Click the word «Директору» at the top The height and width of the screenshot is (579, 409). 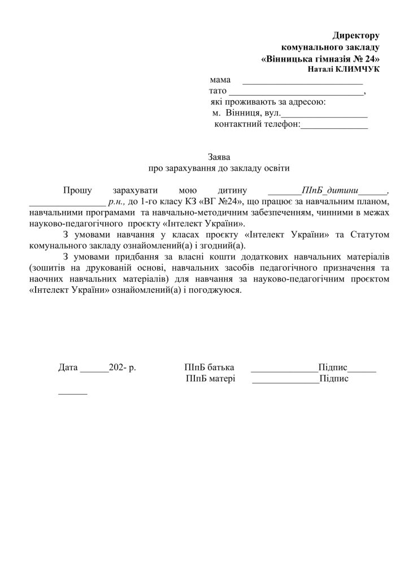coord(355,36)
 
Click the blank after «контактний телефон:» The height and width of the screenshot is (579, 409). coord(334,126)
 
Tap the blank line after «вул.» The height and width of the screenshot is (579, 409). coord(327,115)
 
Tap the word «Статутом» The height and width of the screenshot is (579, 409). coord(369,235)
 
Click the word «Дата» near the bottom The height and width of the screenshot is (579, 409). coord(68,368)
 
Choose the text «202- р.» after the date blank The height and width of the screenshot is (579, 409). coord(124,368)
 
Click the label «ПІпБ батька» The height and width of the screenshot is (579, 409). coord(209,368)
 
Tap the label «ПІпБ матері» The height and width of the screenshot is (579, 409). coord(210,379)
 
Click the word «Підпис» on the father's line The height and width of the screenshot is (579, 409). coord(332,368)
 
